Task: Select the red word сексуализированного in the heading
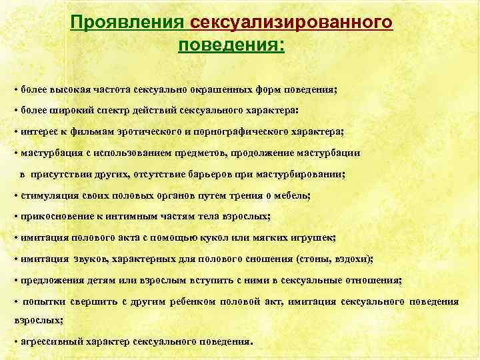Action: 291,23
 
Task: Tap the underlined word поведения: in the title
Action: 231,46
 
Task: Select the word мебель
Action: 294,195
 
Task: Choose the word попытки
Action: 47,302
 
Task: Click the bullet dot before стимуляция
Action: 15,196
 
